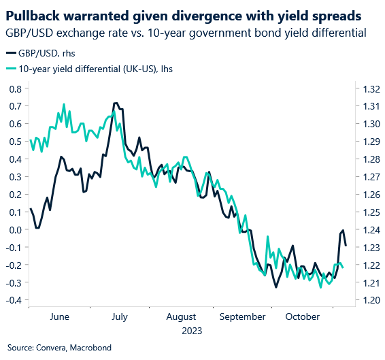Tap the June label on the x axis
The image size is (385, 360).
[x=60, y=316]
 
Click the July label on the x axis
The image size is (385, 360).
[x=120, y=316]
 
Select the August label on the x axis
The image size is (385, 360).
[x=181, y=316]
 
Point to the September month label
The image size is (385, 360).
[x=243, y=316]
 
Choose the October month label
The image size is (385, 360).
[x=303, y=316]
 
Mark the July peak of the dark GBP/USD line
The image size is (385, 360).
[x=116, y=103]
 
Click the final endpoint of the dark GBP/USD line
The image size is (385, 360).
[x=346, y=245]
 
